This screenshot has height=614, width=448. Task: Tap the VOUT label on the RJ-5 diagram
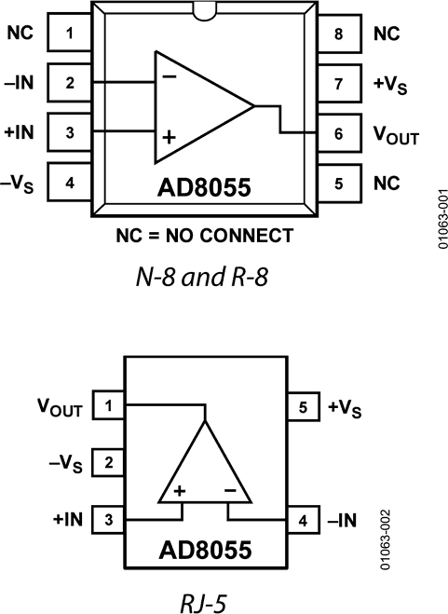coord(60,407)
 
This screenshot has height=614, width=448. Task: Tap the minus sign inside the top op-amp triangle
coord(170,77)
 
